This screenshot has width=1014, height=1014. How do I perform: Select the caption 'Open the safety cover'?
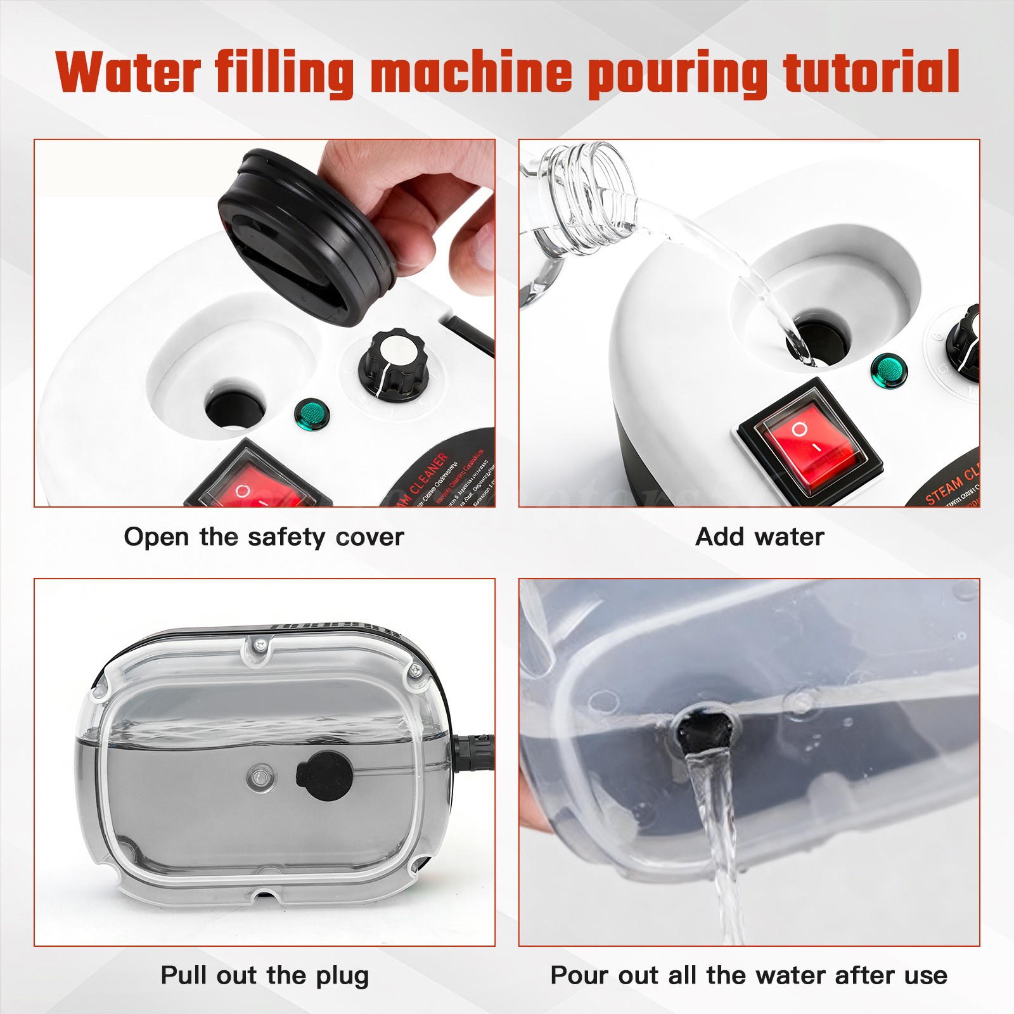click(264, 537)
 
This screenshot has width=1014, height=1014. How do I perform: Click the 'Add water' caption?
click(759, 537)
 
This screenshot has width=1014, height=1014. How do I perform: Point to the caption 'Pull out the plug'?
click(264, 975)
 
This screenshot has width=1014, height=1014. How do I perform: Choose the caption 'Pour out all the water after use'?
click(748, 975)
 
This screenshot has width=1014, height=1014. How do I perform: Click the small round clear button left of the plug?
click(260, 776)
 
